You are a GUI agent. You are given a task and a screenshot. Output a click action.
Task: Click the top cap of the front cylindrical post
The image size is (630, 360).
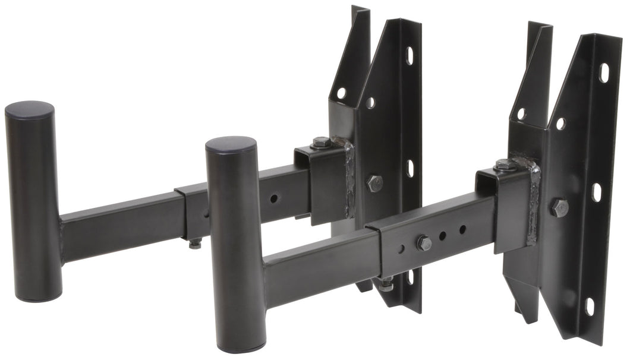(x=231, y=144)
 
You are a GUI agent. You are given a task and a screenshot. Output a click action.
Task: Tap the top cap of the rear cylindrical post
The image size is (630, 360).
(x=29, y=109)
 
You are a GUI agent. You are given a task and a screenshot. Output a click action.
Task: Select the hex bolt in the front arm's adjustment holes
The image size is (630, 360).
(x=423, y=242)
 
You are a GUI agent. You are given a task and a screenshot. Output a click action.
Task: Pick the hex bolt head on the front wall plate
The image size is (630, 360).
(x=559, y=207)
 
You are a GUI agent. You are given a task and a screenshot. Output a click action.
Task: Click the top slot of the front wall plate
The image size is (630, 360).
(x=604, y=72)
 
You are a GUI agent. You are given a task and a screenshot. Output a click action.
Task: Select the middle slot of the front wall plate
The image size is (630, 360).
(x=597, y=192)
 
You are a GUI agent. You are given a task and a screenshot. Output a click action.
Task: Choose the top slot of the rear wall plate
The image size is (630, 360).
(x=409, y=55)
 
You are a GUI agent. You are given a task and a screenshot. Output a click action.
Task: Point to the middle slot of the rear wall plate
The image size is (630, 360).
(x=409, y=168)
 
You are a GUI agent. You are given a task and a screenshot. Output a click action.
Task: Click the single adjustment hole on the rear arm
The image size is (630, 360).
(x=274, y=198)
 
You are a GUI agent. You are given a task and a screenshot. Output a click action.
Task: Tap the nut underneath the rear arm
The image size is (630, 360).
(x=195, y=243)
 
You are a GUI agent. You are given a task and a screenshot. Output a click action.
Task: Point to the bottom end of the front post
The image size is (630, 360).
(x=236, y=347)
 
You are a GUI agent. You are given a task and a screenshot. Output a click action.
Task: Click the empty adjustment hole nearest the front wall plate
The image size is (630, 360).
(x=462, y=229)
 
